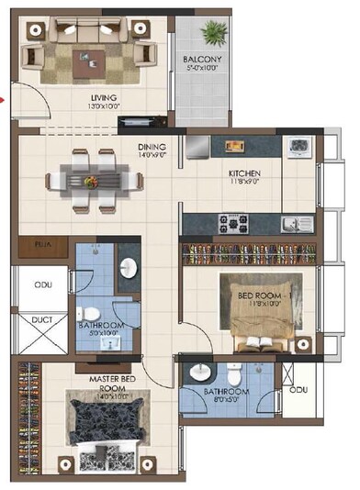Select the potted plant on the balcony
coord(213,34)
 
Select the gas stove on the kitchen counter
coord(229,221)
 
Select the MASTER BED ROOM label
coord(115,384)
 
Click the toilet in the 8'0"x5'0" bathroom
coord(234,373)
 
